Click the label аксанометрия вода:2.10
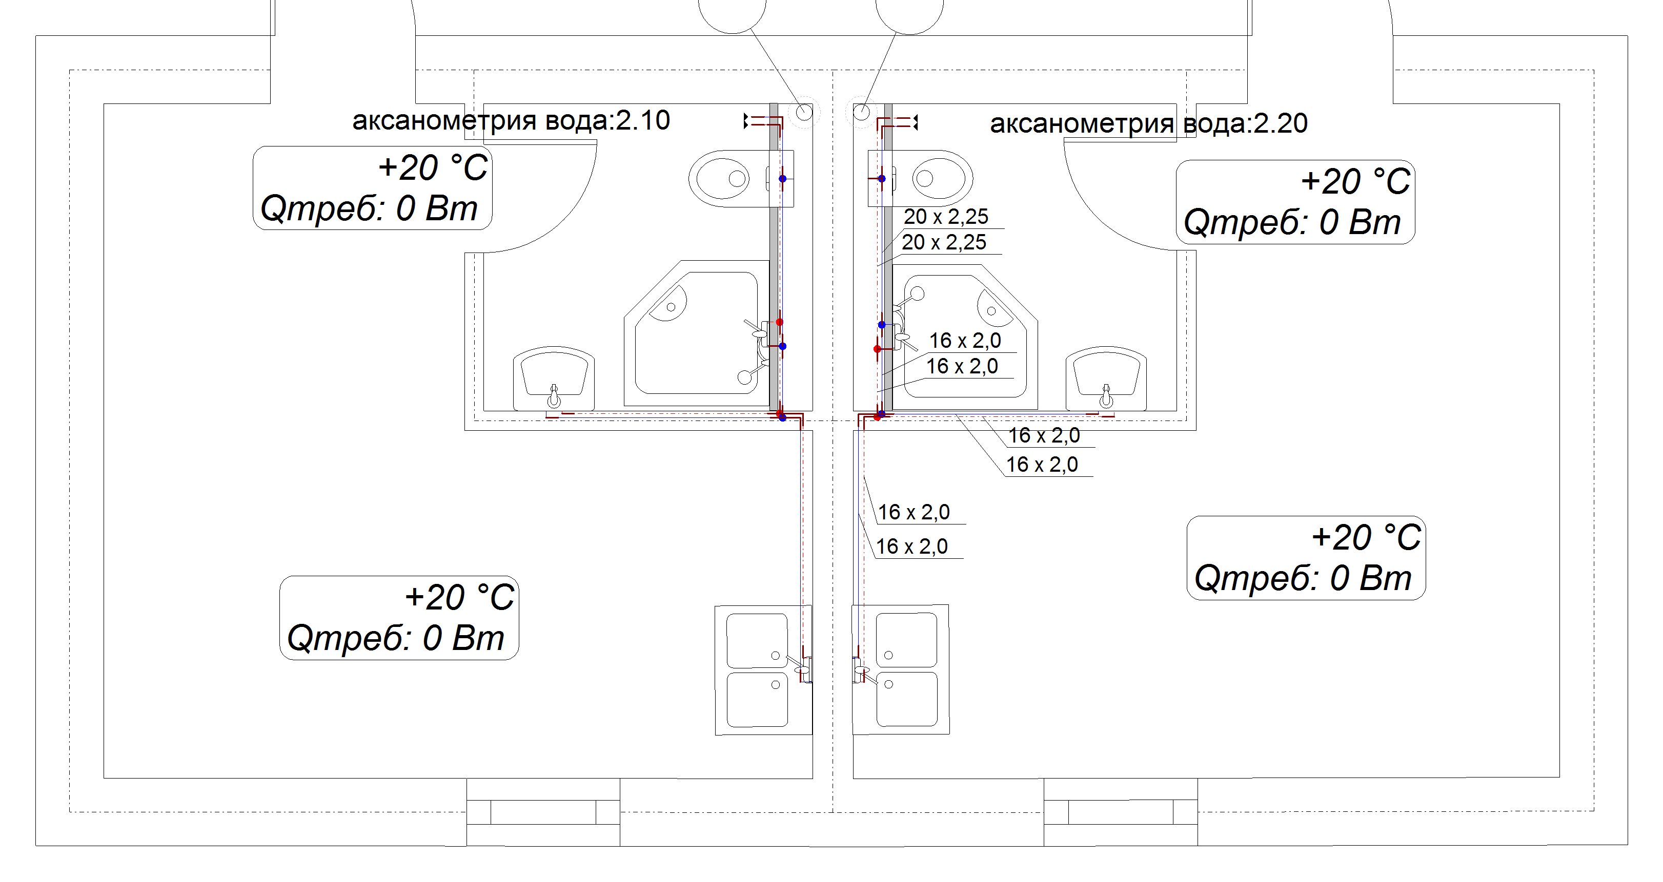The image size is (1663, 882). pos(511,121)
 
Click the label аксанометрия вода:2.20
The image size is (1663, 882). pos(1148,123)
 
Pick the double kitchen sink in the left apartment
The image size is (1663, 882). pos(764,670)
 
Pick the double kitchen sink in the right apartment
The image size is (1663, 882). pos(901,670)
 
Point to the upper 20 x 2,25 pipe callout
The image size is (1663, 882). pos(946,216)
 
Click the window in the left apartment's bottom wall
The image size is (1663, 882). pos(543,812)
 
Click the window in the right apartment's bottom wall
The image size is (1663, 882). pos(1121,812)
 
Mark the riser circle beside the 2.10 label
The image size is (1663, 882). pos(804,112)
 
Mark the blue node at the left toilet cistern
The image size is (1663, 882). pos(782,179)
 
